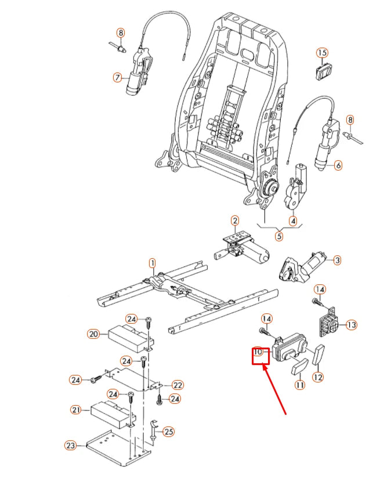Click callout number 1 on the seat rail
point(152,263)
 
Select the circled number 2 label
point(235,221)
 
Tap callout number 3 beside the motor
point(337,260)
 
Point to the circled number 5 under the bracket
point(279,236)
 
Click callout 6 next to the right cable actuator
point(338,165)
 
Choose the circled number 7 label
point(117,77)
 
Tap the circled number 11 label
point(300,384)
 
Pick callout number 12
point(317,377)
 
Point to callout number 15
point(323,53)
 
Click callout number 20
point(95,334)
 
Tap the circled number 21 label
point(76,410)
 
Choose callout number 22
point(178,385)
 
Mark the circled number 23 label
point(71,446)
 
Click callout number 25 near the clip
point(168,432)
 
